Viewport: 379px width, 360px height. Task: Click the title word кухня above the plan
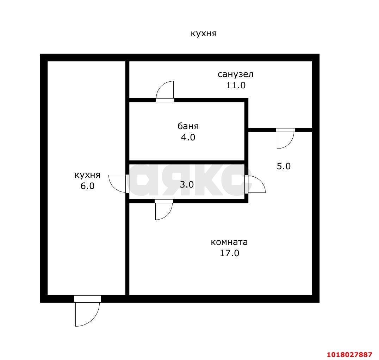204,33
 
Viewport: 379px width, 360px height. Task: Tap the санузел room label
235,74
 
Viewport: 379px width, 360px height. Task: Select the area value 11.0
236,85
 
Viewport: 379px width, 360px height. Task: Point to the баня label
188,126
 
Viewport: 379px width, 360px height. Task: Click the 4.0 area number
188,137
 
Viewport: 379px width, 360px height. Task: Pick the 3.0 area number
187,184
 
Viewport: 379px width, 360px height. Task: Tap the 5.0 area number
284,166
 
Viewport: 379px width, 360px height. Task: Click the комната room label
229,242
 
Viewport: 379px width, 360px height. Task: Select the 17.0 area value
229,253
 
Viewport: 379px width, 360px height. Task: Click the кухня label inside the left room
87,175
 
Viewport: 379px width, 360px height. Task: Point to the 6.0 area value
87,186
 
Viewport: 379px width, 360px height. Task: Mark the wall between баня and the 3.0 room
187,162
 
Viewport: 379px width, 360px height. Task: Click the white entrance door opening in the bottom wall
87,299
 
